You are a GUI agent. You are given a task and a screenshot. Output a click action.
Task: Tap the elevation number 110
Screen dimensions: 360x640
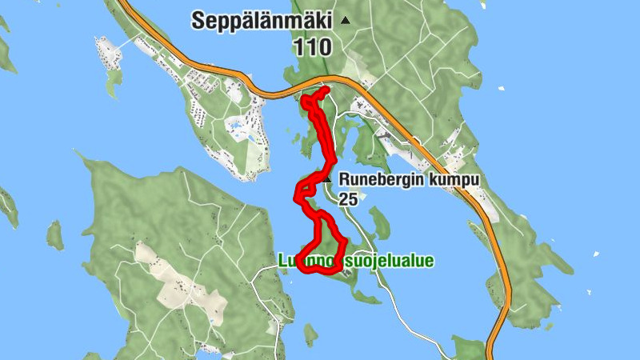[312, 47]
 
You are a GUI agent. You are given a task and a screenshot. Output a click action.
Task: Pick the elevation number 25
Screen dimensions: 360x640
[348, 199]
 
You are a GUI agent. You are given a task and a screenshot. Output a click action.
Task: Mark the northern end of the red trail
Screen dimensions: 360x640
[326, 90]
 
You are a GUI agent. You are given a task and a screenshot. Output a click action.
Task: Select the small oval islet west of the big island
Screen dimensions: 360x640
[54, 235]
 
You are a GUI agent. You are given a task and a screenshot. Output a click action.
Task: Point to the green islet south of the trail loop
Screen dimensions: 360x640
[310, 335]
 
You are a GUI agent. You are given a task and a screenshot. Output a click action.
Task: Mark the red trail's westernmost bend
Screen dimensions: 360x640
[298, 193]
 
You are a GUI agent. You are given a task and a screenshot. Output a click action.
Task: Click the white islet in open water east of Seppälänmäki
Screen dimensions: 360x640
[500, 87]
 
